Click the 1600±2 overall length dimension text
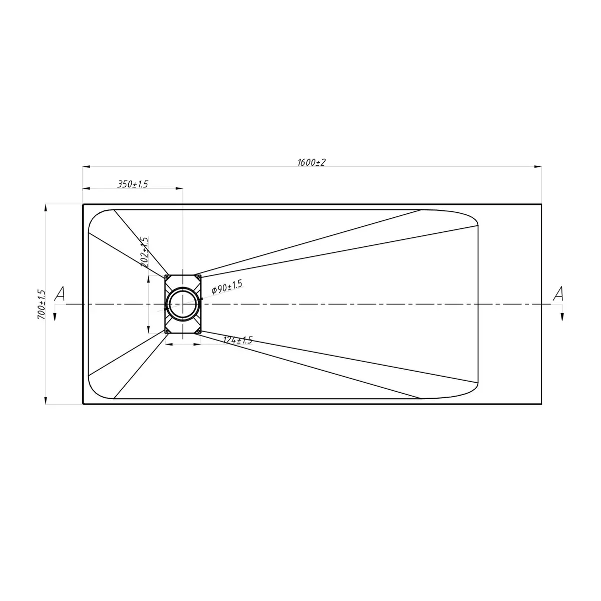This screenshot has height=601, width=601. (x=312, y=162)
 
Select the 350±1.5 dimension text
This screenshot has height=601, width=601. (x=133, y=184)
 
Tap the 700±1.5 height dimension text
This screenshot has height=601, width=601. (x=42, y=305)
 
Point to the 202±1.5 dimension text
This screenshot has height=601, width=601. (x=144, y=252)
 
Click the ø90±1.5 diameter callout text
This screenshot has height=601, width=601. (x=227, y=287)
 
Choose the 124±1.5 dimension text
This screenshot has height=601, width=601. (x=238, y=340)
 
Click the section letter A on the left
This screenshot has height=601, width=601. (x=59, y=294)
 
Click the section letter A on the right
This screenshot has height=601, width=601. (x=558, y=294)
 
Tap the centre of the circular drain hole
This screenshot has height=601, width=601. (x=183, y=304)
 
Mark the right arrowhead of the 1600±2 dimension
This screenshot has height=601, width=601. (x=537, y=167)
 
